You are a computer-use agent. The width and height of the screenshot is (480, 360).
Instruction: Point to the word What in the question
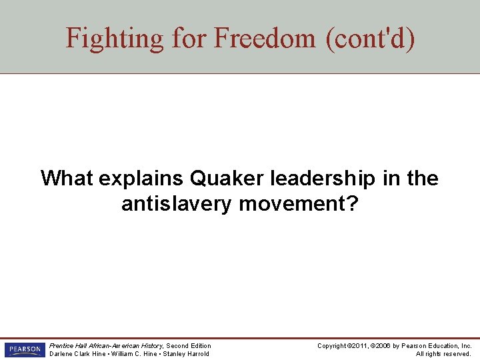(67, 179)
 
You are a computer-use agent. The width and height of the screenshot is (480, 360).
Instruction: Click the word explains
(141, 179)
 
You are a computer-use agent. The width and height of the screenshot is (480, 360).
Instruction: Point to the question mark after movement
(353, 204)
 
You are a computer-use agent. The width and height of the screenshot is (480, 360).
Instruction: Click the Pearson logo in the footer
(23, 349)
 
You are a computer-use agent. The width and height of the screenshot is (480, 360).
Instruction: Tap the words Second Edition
(189, 345)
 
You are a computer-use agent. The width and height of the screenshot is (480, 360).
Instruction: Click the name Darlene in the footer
(62, 353)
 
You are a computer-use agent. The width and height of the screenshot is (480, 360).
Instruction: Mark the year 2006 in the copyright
(385, 345)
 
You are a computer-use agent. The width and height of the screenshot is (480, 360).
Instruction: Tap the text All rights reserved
(443, 353)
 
